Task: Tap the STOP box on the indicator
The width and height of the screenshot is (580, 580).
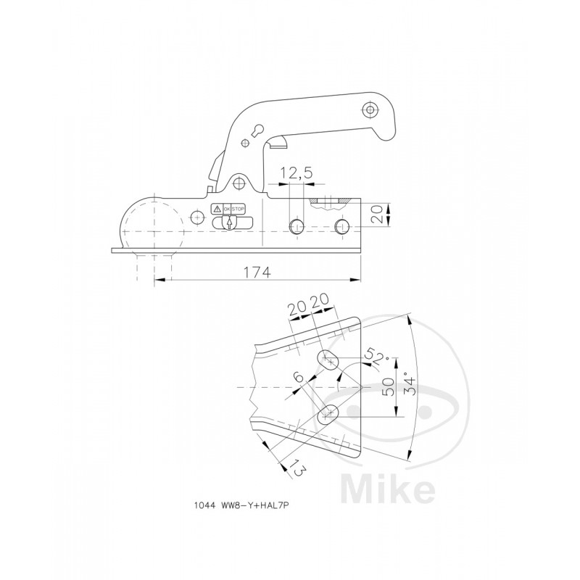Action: [x=239, y=210]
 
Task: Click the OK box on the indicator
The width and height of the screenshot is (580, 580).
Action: [x=227, y=210]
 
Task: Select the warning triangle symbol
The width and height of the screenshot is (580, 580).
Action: [x=217, y=210]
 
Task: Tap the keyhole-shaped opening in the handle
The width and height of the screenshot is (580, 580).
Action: [x=259, y=130]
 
